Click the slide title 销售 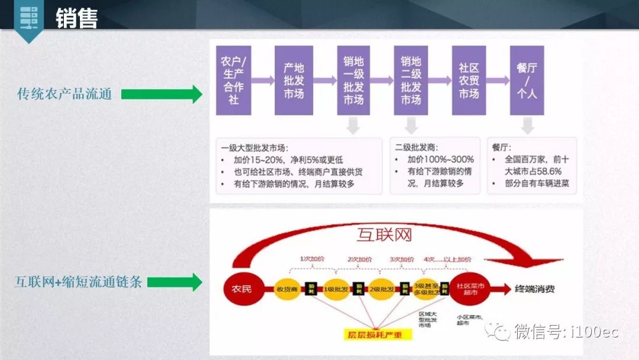coord(76,18)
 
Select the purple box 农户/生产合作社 coord(234,81)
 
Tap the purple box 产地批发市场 coord(293,81)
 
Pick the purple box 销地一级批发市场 coord(354,81)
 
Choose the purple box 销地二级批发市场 coord(411,81)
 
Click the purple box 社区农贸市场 coord(469,81)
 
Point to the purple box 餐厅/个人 coord(527,81)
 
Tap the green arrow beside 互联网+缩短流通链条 coord(175,282)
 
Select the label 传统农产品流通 coord(64,94)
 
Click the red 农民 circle coord(241,289)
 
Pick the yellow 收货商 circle coord(287,289)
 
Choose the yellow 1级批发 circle coord(334,289)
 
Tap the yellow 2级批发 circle coord(381,289)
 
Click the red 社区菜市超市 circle coord(470,289)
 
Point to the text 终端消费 coord(535,289)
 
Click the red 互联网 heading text coord(384,234)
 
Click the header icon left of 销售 coord(27,18)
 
